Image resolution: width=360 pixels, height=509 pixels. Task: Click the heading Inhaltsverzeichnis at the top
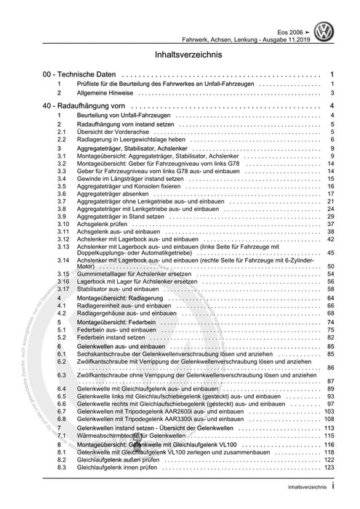click(x=180, y=55)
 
